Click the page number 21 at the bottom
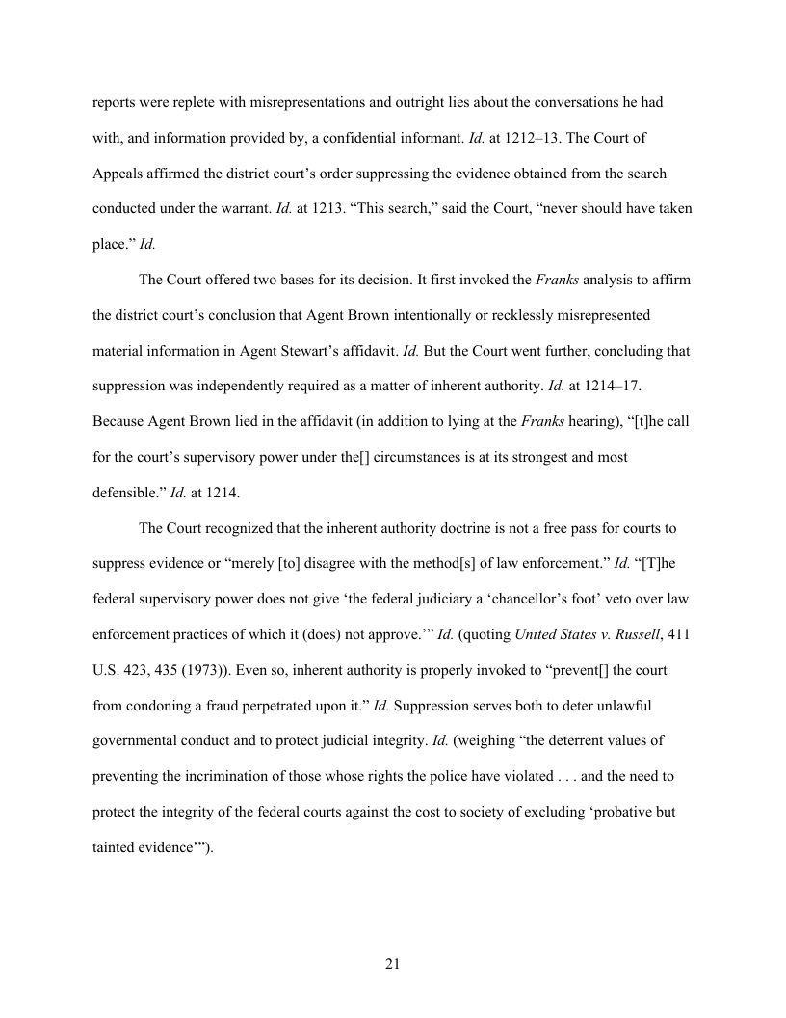coord(392,965)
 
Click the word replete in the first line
coord(199,101)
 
